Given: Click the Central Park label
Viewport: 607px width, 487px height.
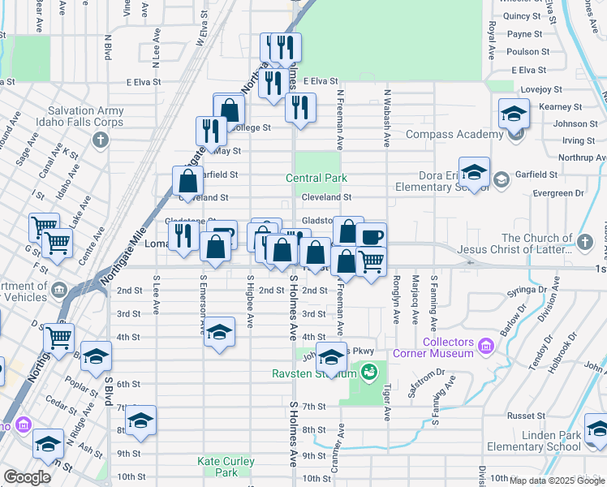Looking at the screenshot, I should tap(316, 178).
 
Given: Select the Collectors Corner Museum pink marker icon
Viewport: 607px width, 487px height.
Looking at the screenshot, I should tap(486, 347).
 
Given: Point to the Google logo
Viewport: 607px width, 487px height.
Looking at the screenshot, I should tap(27, 477).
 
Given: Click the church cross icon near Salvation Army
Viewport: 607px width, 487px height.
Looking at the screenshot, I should tap(100, 139).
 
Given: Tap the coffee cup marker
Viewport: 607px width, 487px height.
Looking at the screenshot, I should tap(371, 237).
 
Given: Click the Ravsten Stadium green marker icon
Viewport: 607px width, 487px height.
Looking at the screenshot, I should tap(369, 373).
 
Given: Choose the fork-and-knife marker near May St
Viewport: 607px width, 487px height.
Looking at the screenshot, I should tap(211, 131).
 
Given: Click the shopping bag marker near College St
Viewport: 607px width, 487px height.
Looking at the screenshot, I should tap(230, 109).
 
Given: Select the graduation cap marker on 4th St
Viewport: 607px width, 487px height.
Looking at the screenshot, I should tap(219, 332).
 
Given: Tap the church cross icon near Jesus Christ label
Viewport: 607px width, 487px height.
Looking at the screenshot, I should tap(584, 240).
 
